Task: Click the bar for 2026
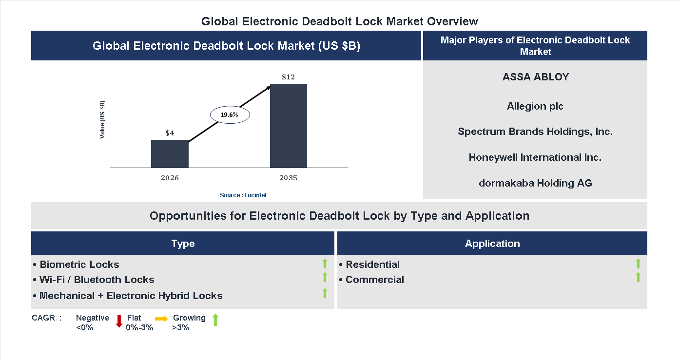click(170, 154)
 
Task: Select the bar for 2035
click(289, 126)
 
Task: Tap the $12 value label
click(289, 77)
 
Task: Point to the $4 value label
click(170, 133)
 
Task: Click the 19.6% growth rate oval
click(230, 115)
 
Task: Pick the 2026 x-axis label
click(170, 178)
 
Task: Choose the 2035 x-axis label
click(289, 178)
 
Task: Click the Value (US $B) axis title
click(102, 120)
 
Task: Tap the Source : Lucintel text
click(243, 195)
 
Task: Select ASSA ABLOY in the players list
click(535, 77)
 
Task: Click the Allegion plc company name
click(535, 106)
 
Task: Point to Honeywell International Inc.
click(535, 157)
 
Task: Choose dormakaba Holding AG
click(535, 183)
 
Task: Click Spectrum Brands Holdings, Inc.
click(535, 132)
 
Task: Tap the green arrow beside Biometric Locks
click(325, 264)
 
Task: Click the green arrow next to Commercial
click(638, 278)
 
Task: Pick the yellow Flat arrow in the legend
click(161, 319)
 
